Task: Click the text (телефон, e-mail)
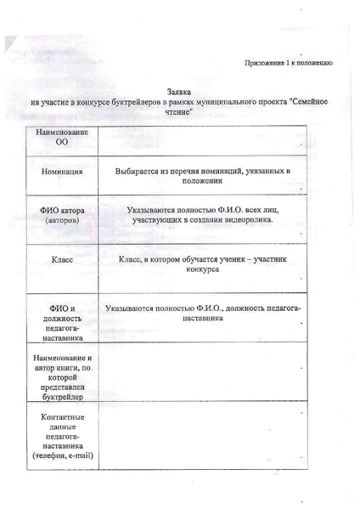click(x=61, y=456)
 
